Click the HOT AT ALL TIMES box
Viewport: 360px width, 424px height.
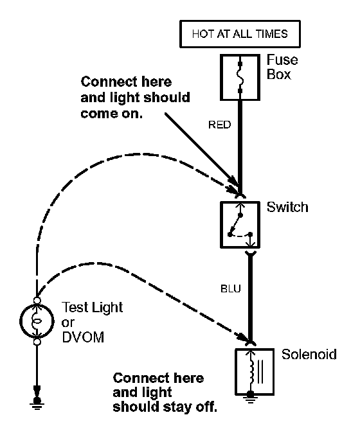(240, 34)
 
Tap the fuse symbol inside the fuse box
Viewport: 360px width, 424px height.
(240, 77)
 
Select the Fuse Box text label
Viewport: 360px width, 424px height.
(282, 67)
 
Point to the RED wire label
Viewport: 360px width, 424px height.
(219, 125)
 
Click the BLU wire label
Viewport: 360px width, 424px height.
(231, 289)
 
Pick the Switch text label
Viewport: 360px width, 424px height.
(287, 207)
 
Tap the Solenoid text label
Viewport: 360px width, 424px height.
(309, 354)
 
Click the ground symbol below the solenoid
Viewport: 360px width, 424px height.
(250, 398)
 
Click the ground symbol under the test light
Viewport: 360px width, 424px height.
(37, 403)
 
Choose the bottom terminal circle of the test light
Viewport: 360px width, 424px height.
(37, 342)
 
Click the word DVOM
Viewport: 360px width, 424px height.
(83, 337)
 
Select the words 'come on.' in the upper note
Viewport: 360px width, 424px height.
(111, 114)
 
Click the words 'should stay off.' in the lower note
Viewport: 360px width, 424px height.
(165, 407)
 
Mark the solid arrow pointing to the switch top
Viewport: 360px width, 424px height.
(203, 150)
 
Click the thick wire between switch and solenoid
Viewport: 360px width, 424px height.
(250, 297)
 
